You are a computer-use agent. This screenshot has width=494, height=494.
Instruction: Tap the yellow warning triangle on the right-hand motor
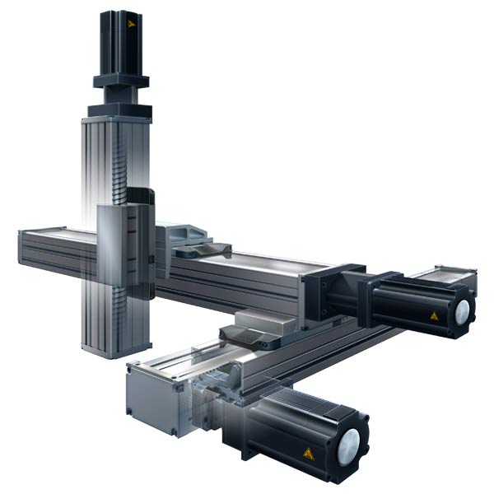coord(433,315)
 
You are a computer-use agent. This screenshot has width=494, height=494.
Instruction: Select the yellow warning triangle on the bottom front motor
coord(308,454)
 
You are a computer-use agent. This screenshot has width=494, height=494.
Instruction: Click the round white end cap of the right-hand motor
coord(462,310)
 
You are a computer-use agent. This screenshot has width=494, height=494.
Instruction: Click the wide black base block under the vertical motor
coord(120,110)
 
